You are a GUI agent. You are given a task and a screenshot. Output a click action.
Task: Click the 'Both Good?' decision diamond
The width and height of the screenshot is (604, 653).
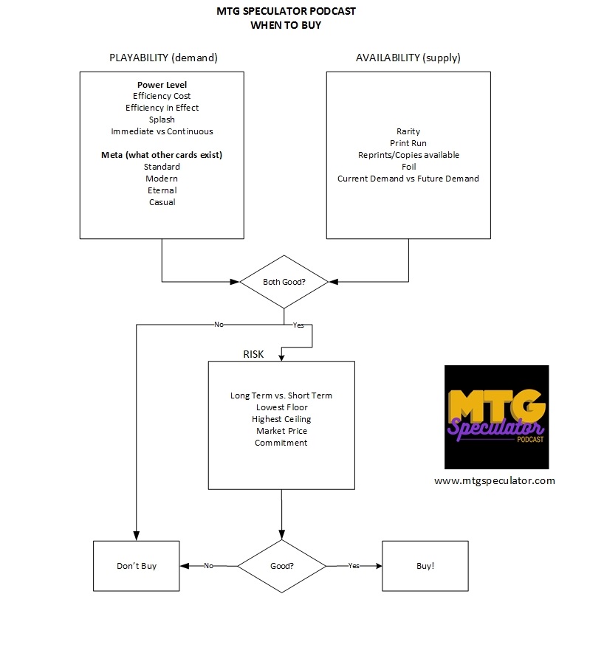tap(284, 282)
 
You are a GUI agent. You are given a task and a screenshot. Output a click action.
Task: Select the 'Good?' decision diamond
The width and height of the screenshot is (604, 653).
tap(281, 566)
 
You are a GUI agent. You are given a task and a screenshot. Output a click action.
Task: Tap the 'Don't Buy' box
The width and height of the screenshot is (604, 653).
tap(137, 566)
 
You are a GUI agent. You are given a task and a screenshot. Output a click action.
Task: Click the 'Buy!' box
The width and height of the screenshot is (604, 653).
tap(425, 566)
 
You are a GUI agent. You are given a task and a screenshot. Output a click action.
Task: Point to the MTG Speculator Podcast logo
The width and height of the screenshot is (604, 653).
tap(496, 417)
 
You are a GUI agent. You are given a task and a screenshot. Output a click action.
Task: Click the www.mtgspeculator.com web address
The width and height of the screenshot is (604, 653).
tap(494, 480)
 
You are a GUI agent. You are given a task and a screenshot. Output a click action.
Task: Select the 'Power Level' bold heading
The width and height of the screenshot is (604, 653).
tap(162, 85)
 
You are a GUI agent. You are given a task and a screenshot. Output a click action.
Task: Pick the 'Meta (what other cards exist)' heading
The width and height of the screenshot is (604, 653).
tap(162, 155)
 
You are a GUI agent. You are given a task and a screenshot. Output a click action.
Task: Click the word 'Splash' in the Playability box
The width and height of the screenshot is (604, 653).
tap(162, 120)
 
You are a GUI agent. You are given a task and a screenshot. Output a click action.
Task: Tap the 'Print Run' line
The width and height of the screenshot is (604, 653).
tap(408, 143)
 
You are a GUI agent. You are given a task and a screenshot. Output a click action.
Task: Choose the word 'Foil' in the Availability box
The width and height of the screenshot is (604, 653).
tap(408, 167)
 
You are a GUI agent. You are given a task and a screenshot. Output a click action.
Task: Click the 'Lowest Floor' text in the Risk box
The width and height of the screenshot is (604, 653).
tap(281, 407)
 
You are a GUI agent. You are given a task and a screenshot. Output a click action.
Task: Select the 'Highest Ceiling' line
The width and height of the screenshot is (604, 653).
tap(281, 419)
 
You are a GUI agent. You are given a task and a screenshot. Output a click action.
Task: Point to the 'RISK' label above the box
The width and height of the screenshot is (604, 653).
tap(253, 354)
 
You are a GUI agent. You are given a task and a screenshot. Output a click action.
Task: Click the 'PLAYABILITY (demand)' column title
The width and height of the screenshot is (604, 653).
tap(163, 58)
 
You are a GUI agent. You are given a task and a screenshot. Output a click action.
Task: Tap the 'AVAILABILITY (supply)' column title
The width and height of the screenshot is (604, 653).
tap(408, 58)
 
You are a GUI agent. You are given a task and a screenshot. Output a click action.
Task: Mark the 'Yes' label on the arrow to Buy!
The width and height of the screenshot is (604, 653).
tap(354, 566)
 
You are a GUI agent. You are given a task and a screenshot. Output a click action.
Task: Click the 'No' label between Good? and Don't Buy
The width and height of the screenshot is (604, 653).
tap(208, 566)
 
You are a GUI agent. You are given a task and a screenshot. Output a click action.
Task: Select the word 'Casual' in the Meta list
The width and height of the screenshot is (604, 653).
tap(162, 202)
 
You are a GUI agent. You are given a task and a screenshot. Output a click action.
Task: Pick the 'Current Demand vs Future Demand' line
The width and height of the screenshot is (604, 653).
tap(408, 179)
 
